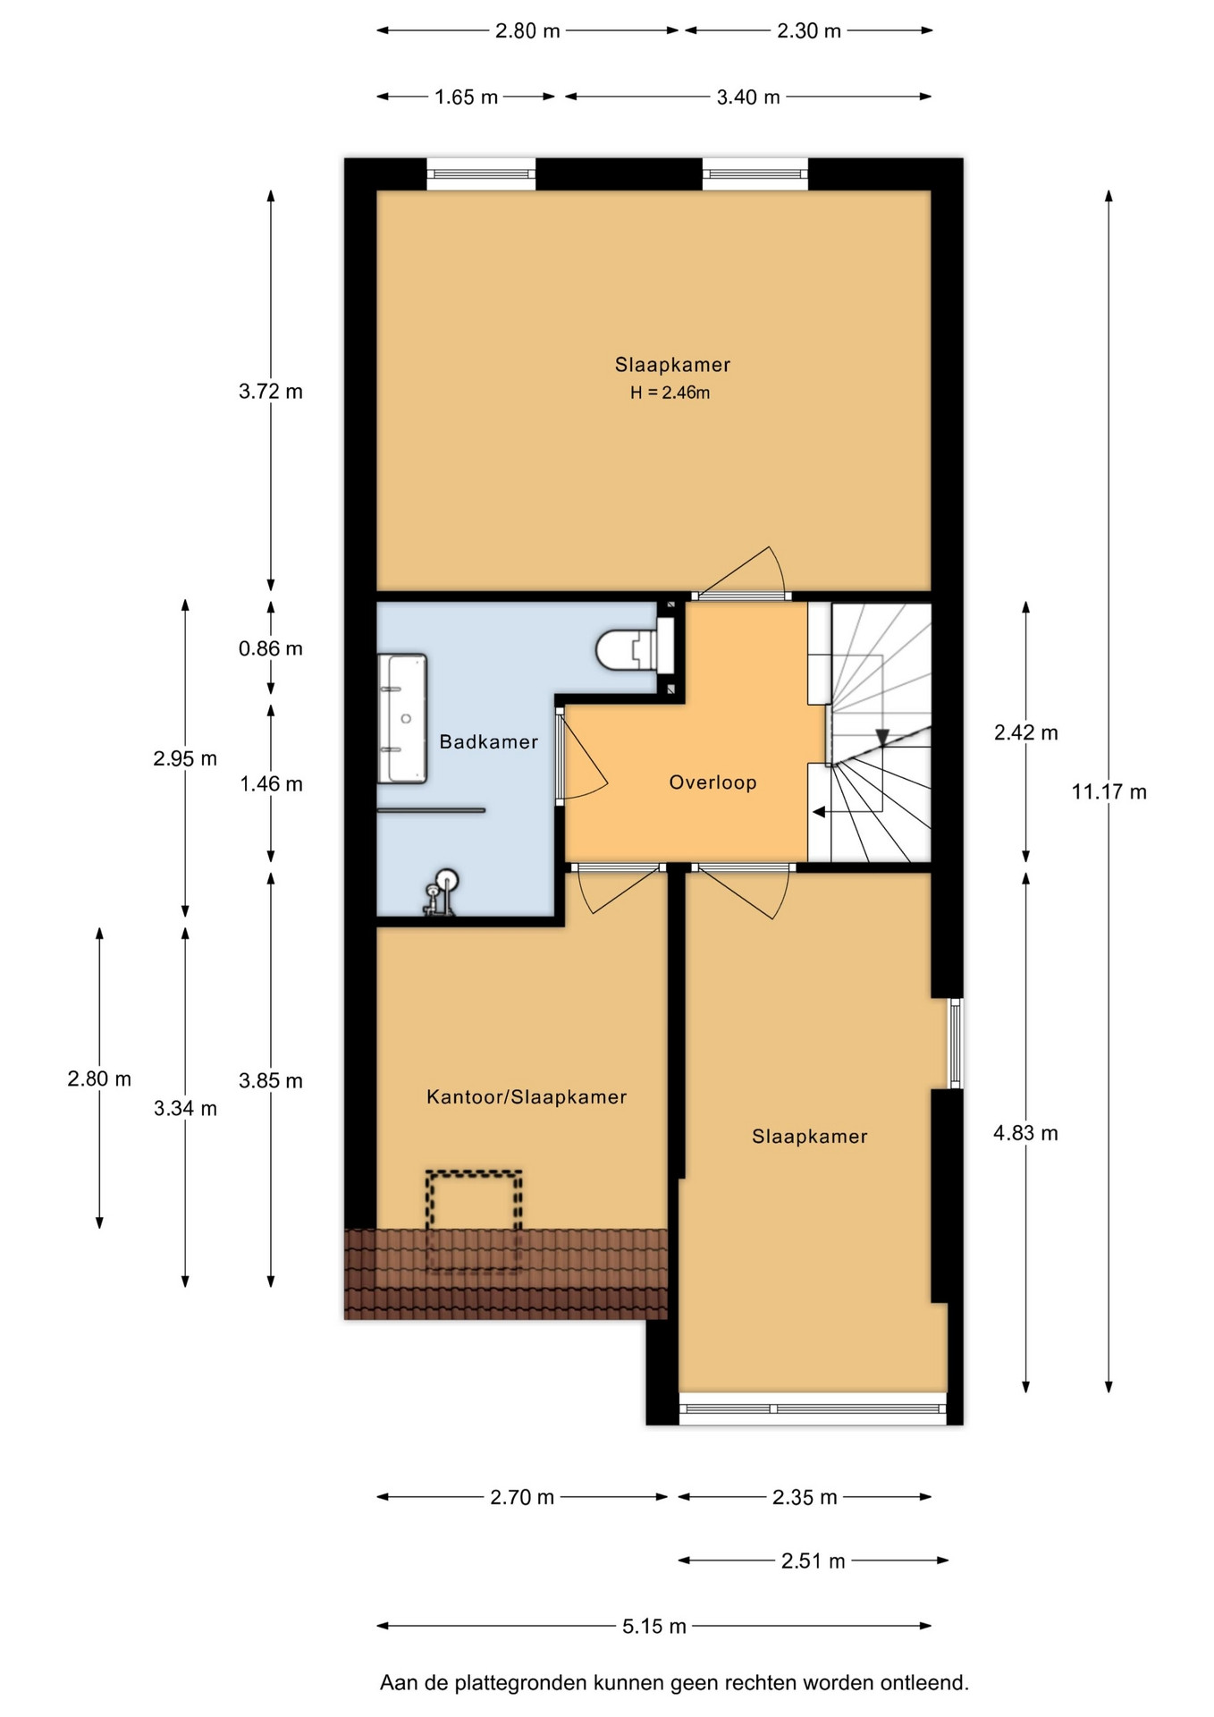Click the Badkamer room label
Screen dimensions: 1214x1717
pyautogui.click(x=488, y=741)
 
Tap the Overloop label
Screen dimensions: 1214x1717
pyautogui.click(x=712, y=782)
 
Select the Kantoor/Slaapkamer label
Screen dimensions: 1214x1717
pyautogui.click(x=527, y=1096)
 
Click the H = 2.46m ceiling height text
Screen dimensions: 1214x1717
pyautogui.click(x=670, y=393)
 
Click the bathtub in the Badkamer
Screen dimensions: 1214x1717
pyautogui.click(x=402, y=719)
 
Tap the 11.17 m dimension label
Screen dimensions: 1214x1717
pyautogui.click(x=1109, y=791)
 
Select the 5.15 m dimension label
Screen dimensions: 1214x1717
pyautogui.click(x=654, y=1626)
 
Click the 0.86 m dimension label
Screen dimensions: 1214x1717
pyautogui.click(x=270, y=648)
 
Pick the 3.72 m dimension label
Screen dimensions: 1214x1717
pyautogui.click(x=270, y=391)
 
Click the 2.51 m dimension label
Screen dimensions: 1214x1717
pyautogui.click(x=813, y=1561)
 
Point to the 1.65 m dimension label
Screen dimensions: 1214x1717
pyautogui.click(x=466, y=97)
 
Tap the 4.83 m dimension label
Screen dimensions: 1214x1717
pyautogui.click(x=1025, y=1133)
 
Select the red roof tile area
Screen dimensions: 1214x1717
pyautogui.click(x=506, y=1274)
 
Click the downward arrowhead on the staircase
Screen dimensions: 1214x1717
pyautogui.click(x=882, y=738)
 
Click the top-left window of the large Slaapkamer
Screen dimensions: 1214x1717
pyautogui.click(x=481, y=174)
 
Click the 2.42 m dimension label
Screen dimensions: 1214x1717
pyautogui.click(x=1025, y=732)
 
